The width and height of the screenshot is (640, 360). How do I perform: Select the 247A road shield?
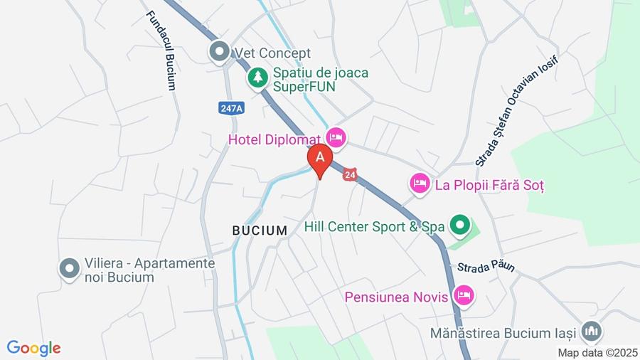click(231, 108)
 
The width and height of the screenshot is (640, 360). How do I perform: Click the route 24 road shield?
click(350, 174)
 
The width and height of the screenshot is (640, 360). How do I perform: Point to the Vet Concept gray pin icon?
click(219, 52)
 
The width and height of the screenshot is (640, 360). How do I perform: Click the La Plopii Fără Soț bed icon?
click(420, 184)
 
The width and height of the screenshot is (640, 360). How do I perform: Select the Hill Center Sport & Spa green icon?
click(460, 226)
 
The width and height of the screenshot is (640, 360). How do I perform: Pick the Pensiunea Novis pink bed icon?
click(464, 295)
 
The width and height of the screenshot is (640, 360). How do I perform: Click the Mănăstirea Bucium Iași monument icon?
click(591, 331)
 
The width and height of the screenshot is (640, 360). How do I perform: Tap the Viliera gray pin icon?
click(69, 269)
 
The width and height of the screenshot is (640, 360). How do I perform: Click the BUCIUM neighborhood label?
click(260, 231)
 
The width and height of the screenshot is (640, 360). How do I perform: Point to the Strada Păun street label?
click(486, 267)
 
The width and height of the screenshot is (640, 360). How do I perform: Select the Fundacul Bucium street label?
click(161, 50)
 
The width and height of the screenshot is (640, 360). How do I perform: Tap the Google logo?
click(33, 348)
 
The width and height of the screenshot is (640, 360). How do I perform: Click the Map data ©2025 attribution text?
click(598, 352)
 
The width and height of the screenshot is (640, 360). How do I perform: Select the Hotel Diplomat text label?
click(275, 139)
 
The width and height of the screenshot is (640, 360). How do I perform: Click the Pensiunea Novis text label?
click(397, 297)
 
